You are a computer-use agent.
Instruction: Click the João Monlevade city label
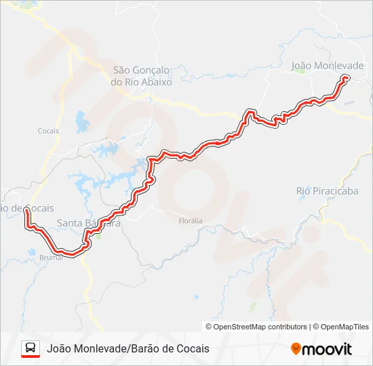click(328, 66)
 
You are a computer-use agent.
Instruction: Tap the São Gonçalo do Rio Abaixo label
click(142, 75)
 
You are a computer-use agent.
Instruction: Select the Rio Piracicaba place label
click(327, 191)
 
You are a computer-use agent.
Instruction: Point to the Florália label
click(190, 221)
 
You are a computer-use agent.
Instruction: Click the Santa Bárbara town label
click(89, 222)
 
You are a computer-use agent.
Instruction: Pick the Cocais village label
click(48, 131)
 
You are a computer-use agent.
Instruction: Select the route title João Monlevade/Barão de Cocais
click(128, 348)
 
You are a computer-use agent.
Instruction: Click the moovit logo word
click(328, 349)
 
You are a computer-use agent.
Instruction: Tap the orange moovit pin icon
click(296, 349)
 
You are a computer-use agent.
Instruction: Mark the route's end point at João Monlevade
click(345, 79)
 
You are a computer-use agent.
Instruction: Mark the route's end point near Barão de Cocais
click(26, 211)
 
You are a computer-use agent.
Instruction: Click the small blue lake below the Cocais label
click(82, 123)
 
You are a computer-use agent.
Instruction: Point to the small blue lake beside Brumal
click(32, 253)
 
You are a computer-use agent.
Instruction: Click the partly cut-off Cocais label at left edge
click(27, 208)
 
